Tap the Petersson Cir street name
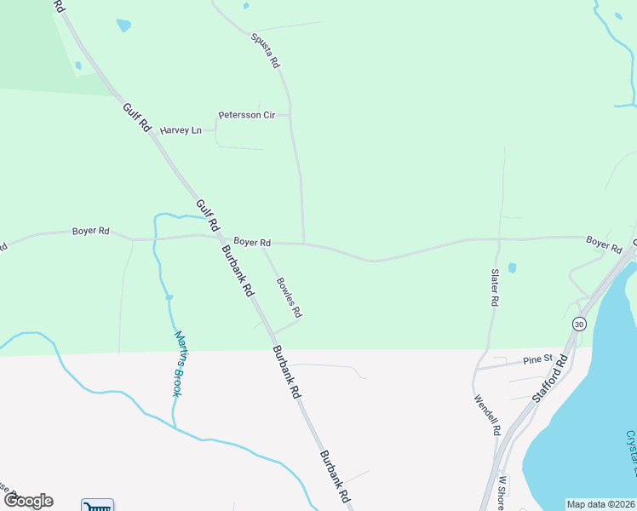click(x=246, y=114)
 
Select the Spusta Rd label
click(x=265, y=50)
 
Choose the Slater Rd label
click(x=494, y=288)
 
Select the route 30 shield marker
click(x=580, y=324)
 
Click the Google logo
click(x=27, y=501)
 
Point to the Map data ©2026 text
click(x=600, y=504)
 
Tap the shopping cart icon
click(x=97, y=505)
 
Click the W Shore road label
click(x=502, y=493)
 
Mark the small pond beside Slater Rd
click(x=511, y=268)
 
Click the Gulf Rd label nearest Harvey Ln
click(x=136, y=118)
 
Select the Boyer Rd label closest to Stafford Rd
click(x=604, y=244)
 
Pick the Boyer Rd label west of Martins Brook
click(x=91, y=231)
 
